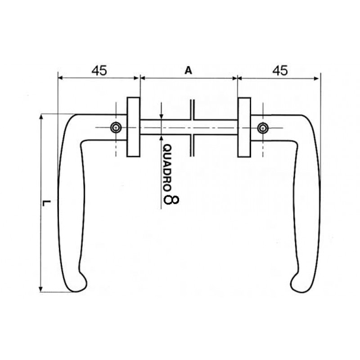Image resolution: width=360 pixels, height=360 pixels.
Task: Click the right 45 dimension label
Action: click(x=280, y=70)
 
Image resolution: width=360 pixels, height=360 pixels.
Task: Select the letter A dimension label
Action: click(x=189, y=70)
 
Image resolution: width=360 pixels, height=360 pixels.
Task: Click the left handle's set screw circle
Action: click(x=117, y=128)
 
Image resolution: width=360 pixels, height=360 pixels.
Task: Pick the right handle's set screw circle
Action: click(x=262, y=128)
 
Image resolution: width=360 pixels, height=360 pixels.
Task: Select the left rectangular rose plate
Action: click(x=133, y=127)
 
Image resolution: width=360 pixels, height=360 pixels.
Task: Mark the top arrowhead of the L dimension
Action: click(x=41, y=117)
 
